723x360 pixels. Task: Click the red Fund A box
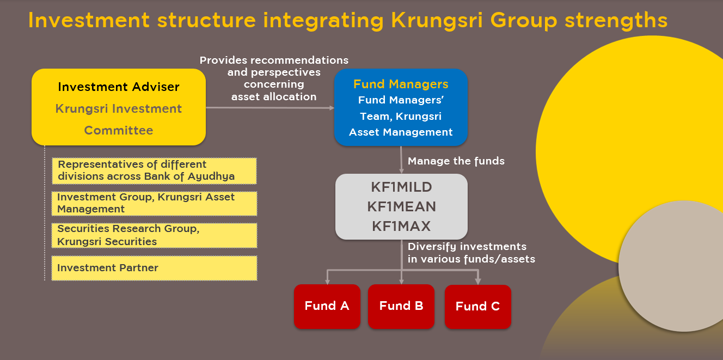(327, 306)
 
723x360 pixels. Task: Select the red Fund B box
(401, 306)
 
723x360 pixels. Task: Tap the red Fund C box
(477, 307)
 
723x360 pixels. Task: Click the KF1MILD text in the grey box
(401, 187)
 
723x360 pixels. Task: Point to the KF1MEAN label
(401, 207)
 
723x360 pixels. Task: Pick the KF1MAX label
(401, 226)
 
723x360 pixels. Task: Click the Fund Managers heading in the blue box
(401, 84)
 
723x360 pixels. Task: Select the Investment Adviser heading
(119, 87)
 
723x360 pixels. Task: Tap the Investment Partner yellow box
(154, 268)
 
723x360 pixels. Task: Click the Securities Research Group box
(154, 235)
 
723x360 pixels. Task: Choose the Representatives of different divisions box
(154, 170)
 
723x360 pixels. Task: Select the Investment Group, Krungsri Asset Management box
(154, 203)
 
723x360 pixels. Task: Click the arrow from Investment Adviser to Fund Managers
(269, 108)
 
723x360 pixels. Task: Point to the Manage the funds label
(456, 161)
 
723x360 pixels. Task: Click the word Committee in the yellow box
(119, 130)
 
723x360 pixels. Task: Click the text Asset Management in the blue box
(401, 132)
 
